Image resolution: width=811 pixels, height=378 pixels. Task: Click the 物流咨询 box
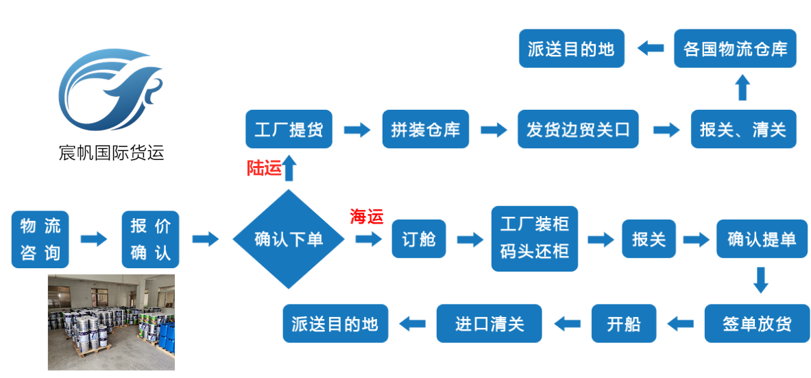click(x=40, y=239)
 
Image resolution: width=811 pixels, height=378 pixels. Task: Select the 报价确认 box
click(x=150, y=239)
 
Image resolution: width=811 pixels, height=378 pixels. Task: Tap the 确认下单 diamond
click(x=288, y=239)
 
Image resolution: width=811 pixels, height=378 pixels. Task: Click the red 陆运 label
click(x=264, y=168)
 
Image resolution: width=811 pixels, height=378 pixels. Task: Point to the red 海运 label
click(x=367, y=217)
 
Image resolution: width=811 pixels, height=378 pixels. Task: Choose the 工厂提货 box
click(x=289, y=129)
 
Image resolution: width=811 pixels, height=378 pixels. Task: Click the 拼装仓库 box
click(x=425, y=129)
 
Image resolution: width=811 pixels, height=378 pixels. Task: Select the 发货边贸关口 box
click(x=578, y=129)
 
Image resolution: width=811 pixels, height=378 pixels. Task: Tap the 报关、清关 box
click(x=743, y=129)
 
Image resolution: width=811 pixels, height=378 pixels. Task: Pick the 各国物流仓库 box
click(x=735, y=48)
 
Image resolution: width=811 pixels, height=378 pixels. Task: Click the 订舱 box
click(x=419, y=239)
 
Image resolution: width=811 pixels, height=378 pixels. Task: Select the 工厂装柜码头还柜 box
click(x=535, y=239)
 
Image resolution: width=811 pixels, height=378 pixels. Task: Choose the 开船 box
click(x=623, y=323)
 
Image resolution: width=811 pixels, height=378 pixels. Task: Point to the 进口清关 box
click(x=489, y=323)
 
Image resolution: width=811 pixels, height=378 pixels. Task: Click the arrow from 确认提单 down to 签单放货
click(x=760, y=280)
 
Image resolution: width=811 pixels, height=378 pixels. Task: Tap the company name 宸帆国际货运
click(x=112, y=152)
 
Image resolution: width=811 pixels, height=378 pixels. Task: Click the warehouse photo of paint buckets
click(x=111, y=322)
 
